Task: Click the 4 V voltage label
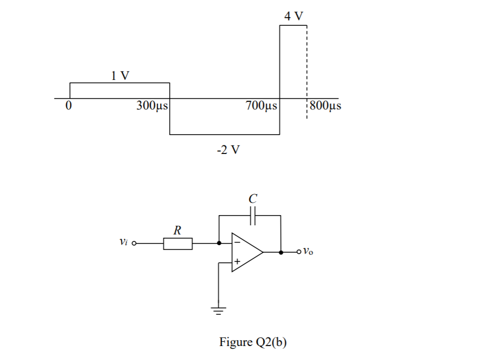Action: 293,16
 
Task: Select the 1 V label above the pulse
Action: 120,75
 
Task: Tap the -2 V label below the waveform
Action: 228,150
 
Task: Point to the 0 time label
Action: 68,106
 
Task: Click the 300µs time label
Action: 152,106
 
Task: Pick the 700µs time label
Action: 262,106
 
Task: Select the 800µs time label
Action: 325,106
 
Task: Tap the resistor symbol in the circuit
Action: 178,244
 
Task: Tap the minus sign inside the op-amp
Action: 236,243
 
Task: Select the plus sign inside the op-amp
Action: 236,262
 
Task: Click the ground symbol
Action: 218,310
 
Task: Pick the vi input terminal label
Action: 122,244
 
